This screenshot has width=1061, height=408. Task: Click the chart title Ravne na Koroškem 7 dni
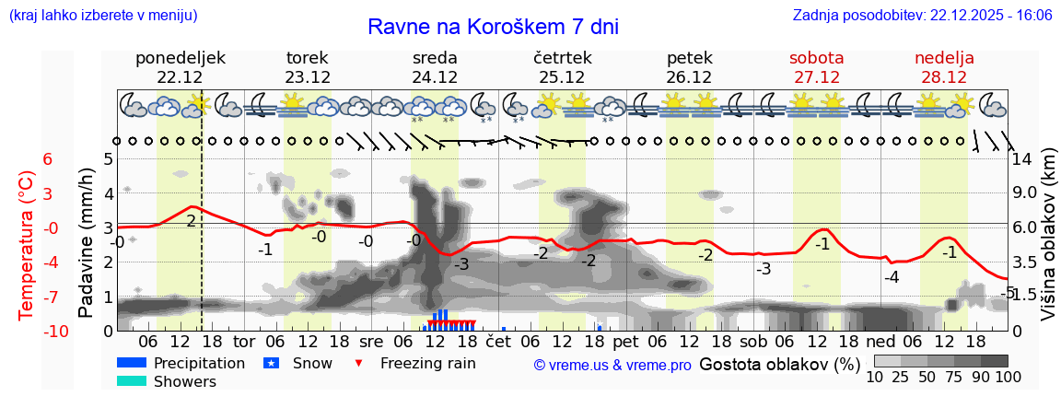coord(493,27)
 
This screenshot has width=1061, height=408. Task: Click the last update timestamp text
coord(922,16)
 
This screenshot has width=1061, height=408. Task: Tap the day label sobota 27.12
coord(816,67)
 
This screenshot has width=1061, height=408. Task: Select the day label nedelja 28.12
coord(944,67)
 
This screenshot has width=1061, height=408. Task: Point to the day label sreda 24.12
coord(435,67)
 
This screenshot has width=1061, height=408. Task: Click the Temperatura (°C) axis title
coord(27,244)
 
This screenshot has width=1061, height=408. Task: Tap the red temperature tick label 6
coord(48,159)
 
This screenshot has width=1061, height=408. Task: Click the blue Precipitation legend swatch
coord(132,363)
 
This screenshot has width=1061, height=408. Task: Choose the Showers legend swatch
coord(132,381)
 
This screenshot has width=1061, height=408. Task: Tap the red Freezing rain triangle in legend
coord(359,363)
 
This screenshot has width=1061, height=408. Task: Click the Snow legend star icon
coord(271,363)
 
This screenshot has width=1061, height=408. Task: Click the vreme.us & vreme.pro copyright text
coord(612,365)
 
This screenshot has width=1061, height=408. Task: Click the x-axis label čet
coord(497,341)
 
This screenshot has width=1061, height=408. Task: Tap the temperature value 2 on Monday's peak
coord(191,221)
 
